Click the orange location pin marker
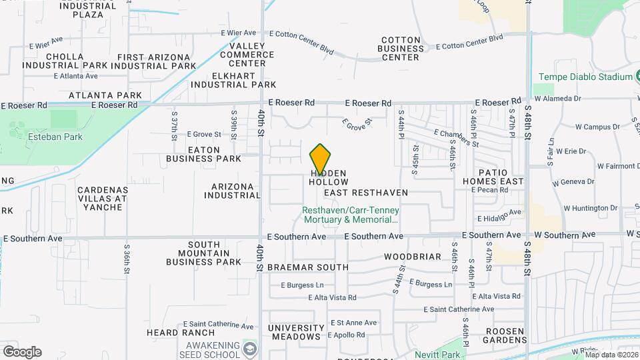[x=321, y=159]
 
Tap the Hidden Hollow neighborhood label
[x=329, y=177]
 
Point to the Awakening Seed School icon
[x=250, y=349]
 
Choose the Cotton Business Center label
[x=400, y=49]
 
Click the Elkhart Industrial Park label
[x=233, y=80]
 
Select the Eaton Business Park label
[x=203, y=154]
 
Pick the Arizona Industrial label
[x=232, y=191]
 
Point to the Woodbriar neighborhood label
[x=413, y=257]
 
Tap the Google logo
[x=22, y=352]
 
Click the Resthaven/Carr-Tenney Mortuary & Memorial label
[x=350, y=214]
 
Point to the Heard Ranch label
[x=181, y=333]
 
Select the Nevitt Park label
[x=437, y=354]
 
